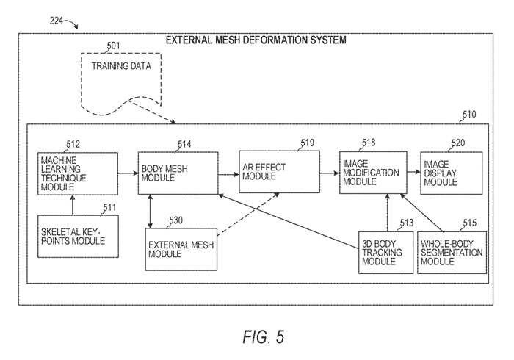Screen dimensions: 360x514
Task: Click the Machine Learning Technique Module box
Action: (x=77, y=173)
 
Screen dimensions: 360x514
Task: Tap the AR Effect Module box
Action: (x=279, y=173)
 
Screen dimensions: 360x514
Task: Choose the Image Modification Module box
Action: (x=373, y=173)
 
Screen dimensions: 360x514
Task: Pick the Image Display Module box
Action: (x=451, y=173)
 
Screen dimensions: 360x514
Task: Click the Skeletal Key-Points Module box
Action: (x=78, y=236)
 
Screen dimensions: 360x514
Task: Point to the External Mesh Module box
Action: (x=181, y=248)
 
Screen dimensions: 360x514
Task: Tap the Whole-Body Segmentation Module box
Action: (x=451, y=253)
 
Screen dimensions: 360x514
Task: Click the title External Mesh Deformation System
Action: (x=256, y=40)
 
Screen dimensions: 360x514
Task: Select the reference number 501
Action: (x=113, y=46)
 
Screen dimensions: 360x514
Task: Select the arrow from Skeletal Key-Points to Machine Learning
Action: (x=72, y=205)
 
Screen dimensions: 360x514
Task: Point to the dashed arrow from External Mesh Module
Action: (x=247, y=215)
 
